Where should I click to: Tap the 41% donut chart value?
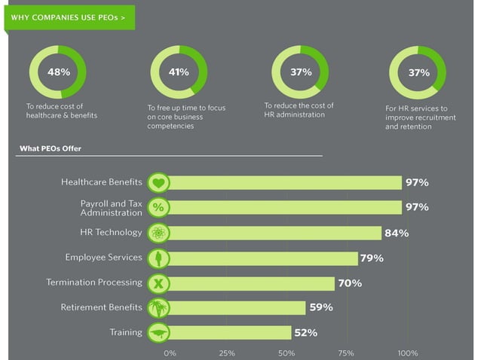point(178,72)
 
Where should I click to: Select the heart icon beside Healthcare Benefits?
point(158,183)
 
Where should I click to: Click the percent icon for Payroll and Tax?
point(158,207)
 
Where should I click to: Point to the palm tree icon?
point(158,307)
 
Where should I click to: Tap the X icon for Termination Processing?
point(158,283)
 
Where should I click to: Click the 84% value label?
point(397,233)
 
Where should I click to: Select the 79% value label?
point(372,258)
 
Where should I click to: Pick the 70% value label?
point(350,283)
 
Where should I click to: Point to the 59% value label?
point(321,307)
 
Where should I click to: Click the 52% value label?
point(305,332)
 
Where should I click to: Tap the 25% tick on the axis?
point(226,352)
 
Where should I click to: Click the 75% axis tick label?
point(346,352)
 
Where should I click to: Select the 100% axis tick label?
point(407,352)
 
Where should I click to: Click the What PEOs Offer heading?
point(50,148)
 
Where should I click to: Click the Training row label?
point(126,332)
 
